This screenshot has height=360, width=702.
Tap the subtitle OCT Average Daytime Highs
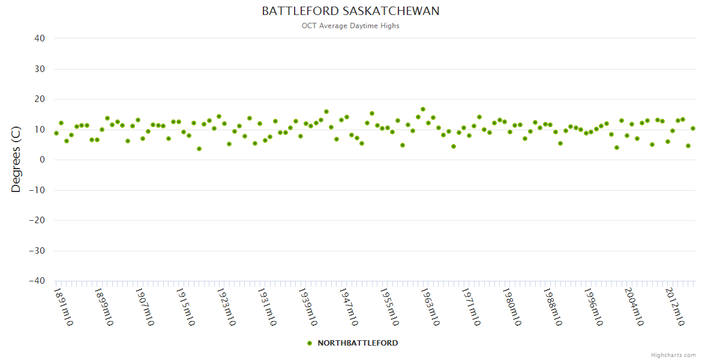[350, 26]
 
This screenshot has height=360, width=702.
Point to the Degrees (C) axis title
[16, 159]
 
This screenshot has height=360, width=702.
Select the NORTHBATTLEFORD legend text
[358, 343]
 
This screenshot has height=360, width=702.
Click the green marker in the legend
[310, 343]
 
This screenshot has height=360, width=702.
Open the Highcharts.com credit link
[673, 355]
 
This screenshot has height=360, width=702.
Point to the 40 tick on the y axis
[40, 38]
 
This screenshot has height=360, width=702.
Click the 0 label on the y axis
[43, 160]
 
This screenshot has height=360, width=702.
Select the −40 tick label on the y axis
[37, 281]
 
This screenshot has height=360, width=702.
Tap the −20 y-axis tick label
[37, 220]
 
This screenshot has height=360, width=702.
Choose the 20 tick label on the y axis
[40, 99]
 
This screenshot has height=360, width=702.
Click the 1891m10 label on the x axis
[64, 307]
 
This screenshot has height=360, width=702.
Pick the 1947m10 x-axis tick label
[349, 307]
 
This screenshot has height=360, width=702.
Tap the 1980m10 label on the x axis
[512, 307]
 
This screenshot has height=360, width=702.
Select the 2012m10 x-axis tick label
[676, 307]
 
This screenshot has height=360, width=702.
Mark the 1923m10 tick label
[227, 307]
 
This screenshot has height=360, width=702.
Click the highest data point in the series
[423, 109]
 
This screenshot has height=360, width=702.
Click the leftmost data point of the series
[56, 133]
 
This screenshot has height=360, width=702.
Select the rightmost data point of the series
[693, 128]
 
